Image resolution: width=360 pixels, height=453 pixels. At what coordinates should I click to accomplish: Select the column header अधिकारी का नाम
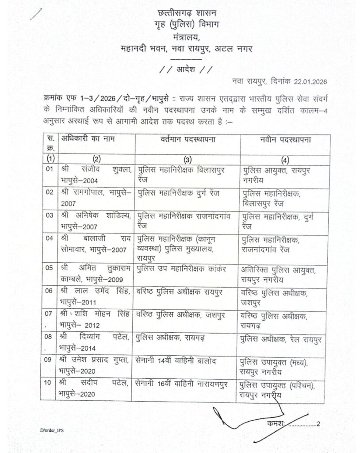(x=88, y=139)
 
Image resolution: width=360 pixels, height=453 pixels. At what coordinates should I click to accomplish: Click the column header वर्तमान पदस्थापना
(x=188, y=139)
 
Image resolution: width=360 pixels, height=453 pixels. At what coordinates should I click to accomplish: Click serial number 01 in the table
(x=50, y=169)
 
